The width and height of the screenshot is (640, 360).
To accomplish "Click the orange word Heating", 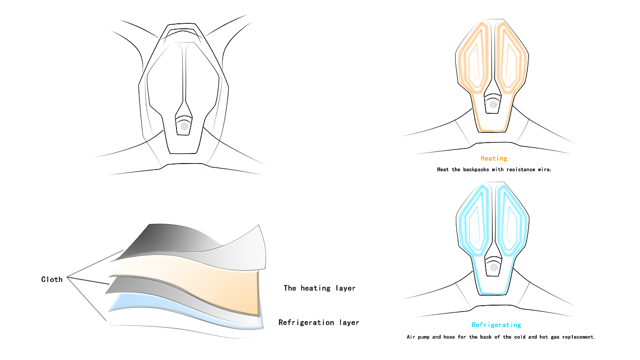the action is click(x=494, y=159).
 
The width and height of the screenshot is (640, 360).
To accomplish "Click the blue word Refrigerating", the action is click(x=496, y=325).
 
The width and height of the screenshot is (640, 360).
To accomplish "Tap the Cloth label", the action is click(x=52, y=280).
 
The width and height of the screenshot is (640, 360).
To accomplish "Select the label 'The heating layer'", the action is click(x=319, y=288).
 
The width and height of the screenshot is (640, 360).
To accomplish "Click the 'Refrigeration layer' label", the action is click(x=319, y=323).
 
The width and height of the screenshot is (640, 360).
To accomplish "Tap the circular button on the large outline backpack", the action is click(x=184, y=127).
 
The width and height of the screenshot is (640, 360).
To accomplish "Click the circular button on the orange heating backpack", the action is click(x=493, y=105).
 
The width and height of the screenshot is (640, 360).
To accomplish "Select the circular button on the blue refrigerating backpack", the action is click(x=494, y=267).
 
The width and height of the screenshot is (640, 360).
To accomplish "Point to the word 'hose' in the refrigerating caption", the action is click(x=450, y=337).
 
